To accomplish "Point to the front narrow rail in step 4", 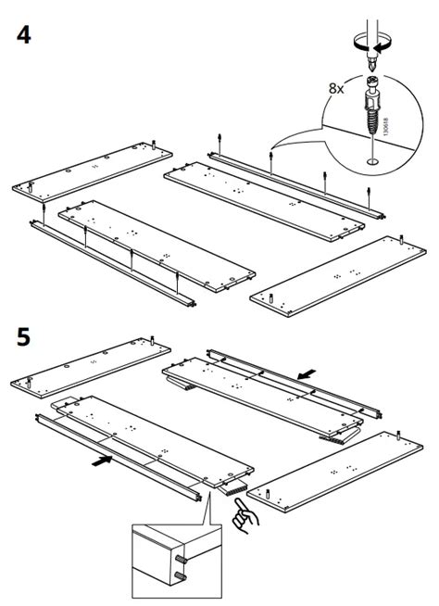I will (111, 264).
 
